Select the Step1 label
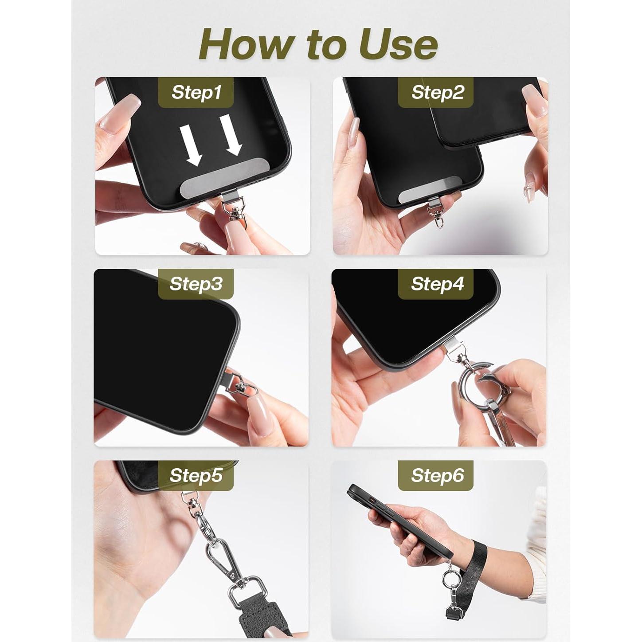click(196, 92)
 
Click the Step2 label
click(437, 92)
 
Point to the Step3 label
click(196, 284)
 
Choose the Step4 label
click(437, 284)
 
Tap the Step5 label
click(196, 475)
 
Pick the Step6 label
click(437, 475)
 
